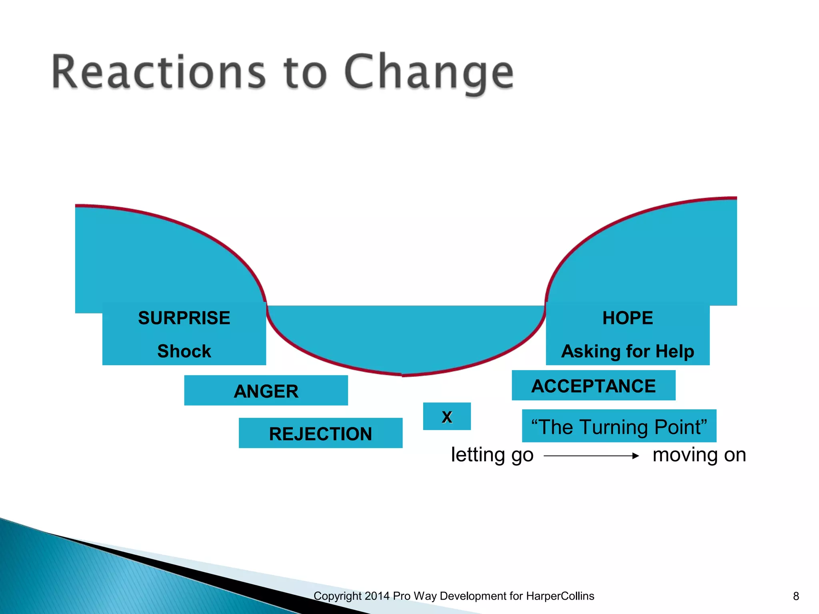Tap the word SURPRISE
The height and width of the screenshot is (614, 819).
point(184,318)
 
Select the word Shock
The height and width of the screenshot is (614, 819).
point(184,351)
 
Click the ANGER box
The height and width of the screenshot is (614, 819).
point(266,391)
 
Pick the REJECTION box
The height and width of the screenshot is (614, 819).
point(320,433)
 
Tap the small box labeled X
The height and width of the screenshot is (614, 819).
point(447,417)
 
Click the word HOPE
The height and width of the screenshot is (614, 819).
point(627,318)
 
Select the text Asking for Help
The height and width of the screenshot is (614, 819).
point(627,351)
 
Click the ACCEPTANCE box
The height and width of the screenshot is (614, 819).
point(593,386)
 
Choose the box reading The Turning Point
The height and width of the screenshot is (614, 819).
point(619,426)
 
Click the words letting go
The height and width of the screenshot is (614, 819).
point(492,455)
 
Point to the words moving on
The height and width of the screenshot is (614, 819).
point(699,455)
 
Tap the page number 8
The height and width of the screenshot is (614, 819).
point(796,596)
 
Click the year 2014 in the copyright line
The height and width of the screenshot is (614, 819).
point(377,596)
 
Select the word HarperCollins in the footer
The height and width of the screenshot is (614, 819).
point(560,596)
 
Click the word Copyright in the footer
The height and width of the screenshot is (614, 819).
point(338,596)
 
